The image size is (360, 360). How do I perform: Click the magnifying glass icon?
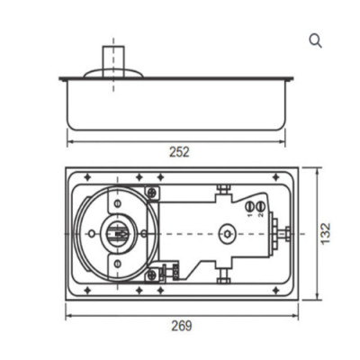pyautogui.click(x=315, y=40)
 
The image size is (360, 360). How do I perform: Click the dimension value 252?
pyautogui.click(x=179, y=152)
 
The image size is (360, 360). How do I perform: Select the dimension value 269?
pyautogui.click(x=182, y=325)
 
